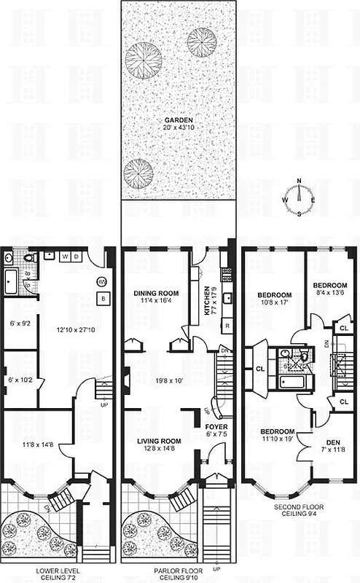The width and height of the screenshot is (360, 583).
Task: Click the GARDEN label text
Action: (x=179, y=120)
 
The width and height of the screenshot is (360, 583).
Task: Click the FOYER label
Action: (x=215, y=426)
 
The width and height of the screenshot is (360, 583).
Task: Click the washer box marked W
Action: (x=65, y=257)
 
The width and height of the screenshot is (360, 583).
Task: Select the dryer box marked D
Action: (x=76, y=257)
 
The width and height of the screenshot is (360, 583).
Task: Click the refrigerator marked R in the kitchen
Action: (x=227, y=325)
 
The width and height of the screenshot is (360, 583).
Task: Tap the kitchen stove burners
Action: (x=227, y=275)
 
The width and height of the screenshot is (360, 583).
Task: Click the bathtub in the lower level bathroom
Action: (x=12, y=281)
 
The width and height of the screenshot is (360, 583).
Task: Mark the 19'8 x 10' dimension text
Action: (x=170, y=379)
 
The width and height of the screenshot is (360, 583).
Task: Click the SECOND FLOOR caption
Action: (x=300, y=509)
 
